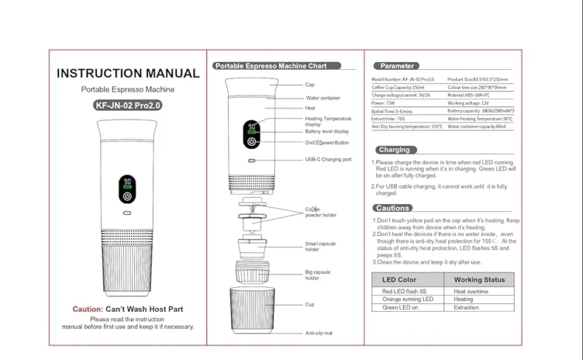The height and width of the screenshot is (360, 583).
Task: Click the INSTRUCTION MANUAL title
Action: (128, 74)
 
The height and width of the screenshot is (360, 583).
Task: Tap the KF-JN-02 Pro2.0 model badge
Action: (128, 104)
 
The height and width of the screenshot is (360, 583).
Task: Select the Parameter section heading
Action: (397, 66)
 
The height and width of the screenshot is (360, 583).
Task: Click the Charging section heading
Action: (394, 149)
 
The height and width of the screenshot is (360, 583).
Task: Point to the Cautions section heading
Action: (395, 208)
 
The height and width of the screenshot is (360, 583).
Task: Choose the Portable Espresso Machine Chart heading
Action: (265, 66)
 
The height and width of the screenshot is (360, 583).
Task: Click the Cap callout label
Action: (310, 85)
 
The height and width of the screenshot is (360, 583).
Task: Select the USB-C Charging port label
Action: (328, 159)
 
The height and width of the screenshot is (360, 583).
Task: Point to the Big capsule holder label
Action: (318, 275)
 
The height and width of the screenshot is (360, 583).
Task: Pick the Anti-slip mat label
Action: (318, 333)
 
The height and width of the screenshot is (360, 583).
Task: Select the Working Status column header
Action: (479, 279)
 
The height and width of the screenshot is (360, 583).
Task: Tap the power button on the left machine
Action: (128, 197)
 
